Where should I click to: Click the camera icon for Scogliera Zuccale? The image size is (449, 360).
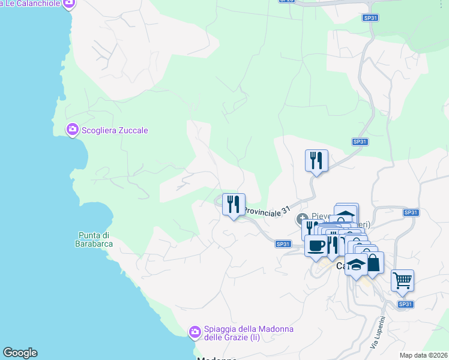[x=73, y=130]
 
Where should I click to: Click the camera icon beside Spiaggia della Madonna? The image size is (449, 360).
[x=194, y=332]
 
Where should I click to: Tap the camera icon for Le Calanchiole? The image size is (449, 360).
[x=69, y=4]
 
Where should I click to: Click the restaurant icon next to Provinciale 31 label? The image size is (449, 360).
[x=234, y=204]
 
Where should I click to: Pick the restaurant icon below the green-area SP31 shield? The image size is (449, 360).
[x=316, y=160]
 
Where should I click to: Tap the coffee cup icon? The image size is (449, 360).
[x=316, y=245]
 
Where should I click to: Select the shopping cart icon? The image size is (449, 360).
[x=402, y=280]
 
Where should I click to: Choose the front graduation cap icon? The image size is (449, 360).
[x=356, y=265]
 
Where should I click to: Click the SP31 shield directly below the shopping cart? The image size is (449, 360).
[x=406, y=304]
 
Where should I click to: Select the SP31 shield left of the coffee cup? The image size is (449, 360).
[x=283, y=244]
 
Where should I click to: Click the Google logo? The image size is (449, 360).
[x=20, y=353]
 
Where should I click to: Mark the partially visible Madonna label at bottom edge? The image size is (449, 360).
[x=217, y=358]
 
